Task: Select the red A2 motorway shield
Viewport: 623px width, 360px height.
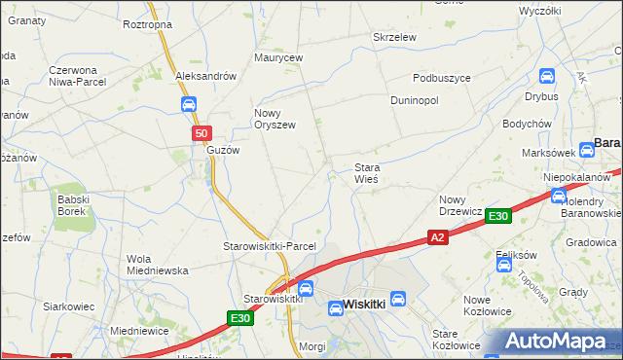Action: (x=438, y=236)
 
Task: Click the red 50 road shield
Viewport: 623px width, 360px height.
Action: (x=200, y=133)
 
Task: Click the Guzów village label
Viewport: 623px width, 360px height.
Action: (x=222, y=151)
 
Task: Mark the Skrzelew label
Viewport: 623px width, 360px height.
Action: (x=395, y=37)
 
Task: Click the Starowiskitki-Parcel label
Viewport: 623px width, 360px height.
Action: (x=270, y=246)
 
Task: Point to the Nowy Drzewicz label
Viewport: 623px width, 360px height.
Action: (x=460, y=204)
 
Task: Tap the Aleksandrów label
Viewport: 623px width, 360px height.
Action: (x=205, y=76)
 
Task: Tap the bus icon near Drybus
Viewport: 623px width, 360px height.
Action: (x=547, y=76)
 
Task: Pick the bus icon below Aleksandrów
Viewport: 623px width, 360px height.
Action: (x=188, y=104)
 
